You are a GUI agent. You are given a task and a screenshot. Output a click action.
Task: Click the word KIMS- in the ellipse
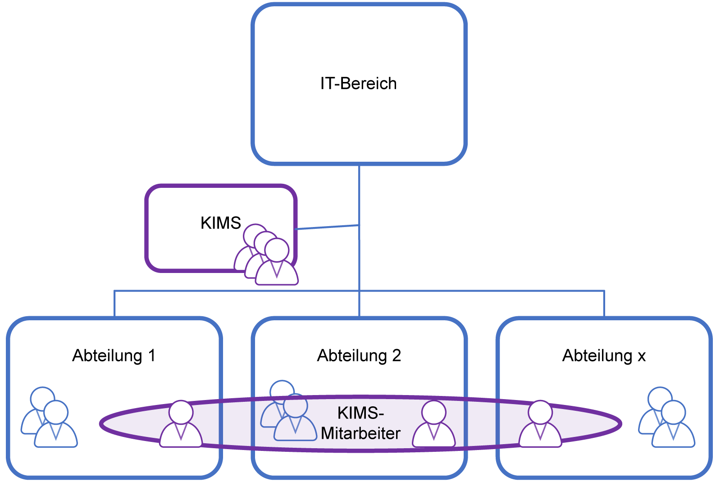click(360, 413)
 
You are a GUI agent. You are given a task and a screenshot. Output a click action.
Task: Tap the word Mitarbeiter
click(360, 433)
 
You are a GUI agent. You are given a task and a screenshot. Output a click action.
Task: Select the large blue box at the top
click(359, 84)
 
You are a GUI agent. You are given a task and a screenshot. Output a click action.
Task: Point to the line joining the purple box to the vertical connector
click(327, 227)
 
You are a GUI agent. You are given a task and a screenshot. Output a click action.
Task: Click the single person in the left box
click(181, 424)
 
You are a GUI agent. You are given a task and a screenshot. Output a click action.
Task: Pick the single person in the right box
click(540, 424)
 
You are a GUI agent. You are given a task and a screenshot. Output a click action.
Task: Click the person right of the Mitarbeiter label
click(434, 424)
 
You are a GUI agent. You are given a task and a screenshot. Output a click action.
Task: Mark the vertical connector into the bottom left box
click(115, 304)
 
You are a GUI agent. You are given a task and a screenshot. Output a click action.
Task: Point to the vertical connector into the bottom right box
click(604, 304)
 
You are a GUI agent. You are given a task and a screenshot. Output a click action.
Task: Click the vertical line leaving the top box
click(359, 194)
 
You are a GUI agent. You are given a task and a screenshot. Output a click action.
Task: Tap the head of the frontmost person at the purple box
click(277, 250)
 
